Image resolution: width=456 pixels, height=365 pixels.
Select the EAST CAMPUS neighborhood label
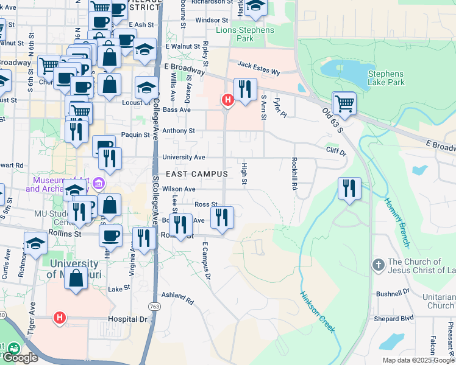pos(196,174)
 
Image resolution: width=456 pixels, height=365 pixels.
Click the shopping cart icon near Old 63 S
pos(344,103)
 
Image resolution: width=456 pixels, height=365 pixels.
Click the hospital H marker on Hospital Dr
pos(60,317)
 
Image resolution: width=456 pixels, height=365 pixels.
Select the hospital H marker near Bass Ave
pos(228,99)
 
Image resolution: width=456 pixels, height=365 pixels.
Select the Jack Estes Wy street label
pos(258,68)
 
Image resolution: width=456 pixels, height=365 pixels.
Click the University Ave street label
pos(183,157)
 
